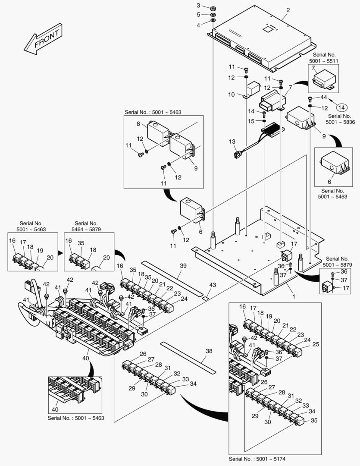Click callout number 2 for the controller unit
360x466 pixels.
pyautogui.click(x=288, y=10)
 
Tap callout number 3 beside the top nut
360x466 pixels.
pyautogui.click(x=198, y=5)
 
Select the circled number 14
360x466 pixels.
pyautogui.click(x=341, y=107)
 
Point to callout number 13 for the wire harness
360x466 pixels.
pyautogui.click(x=232, y=142)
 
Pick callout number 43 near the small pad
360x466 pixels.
pyautogui.click(x=212, y=285)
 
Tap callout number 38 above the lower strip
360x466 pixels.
pyautogui.click(x=209, y=351)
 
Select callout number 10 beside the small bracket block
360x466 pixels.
pyautogui.click(x=231, y=94)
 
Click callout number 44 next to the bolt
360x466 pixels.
pyautogui.click(x=323, y=98)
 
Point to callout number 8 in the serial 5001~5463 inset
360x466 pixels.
pyautogui.click(x=138, y=124)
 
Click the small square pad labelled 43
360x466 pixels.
pyautogui.click(x=206, y=297)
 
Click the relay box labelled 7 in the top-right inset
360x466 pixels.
pyautogui.click(x=324, y=80)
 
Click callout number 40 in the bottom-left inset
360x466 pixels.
pyautogui.click(x=55, y=409)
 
